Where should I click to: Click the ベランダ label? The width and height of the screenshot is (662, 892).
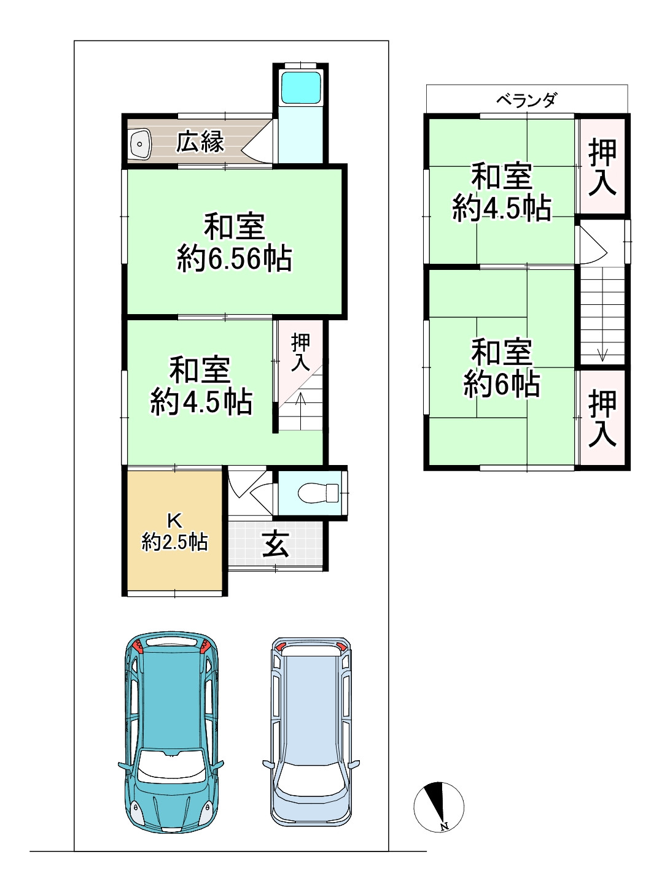(526, 99)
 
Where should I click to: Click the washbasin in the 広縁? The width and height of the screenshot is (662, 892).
(139, 144)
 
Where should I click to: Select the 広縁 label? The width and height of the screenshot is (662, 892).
(200, 142)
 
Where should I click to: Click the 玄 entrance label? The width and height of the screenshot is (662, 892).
(276, 545)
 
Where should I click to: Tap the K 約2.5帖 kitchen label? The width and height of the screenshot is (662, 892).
(174, 533)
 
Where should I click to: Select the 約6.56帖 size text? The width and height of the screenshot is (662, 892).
(234, 259)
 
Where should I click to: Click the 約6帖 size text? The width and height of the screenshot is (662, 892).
(501, 384)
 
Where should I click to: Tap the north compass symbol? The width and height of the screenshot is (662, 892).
(438, 806)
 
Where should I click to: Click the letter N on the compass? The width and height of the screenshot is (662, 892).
(445, 826)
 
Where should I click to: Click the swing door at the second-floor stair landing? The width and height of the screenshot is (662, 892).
(593, 243)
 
